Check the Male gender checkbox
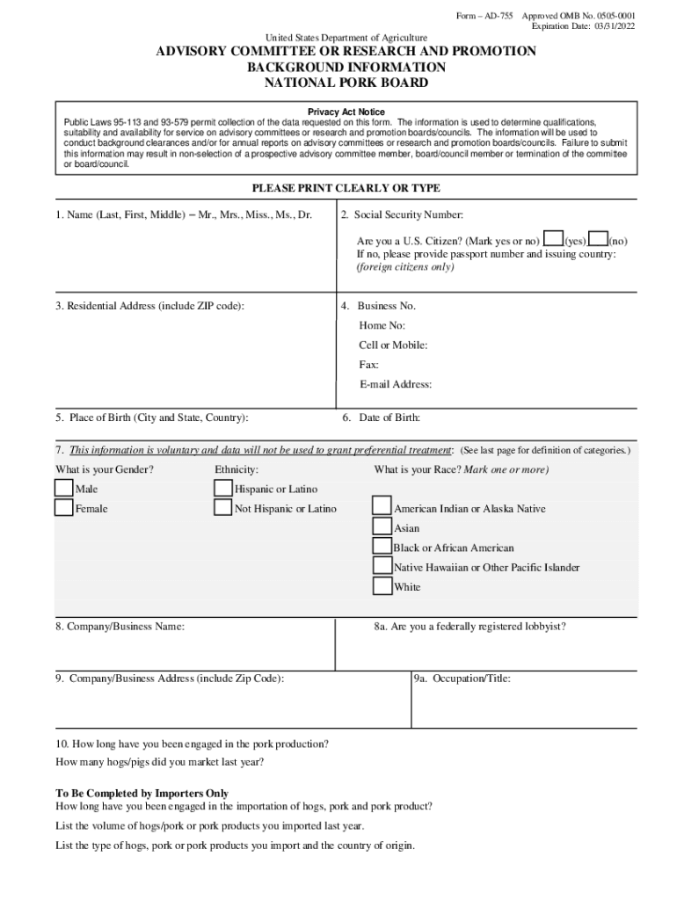click(x=64, y=488)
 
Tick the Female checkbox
click(x=64, y=508)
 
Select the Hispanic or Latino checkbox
click(x=223, y=488)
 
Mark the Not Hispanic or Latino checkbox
click(x=223, y=508)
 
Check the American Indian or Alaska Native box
click(x=382, y=507)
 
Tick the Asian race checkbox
click(x=382, y=527)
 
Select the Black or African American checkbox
click(x=382, y=547)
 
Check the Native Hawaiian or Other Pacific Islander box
click(x=382, y=566)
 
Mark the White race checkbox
click(x=382, y=586)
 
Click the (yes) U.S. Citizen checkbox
click(x=553, y=239)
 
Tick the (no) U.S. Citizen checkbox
click(x=598, y=239)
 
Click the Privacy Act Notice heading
click(x=346, y=112)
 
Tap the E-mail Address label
click(x=395, y=384)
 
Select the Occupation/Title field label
click(x=462, y=679)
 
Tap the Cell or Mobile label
click(x=393, y=345)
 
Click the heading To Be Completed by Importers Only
click(x=142, y=792)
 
